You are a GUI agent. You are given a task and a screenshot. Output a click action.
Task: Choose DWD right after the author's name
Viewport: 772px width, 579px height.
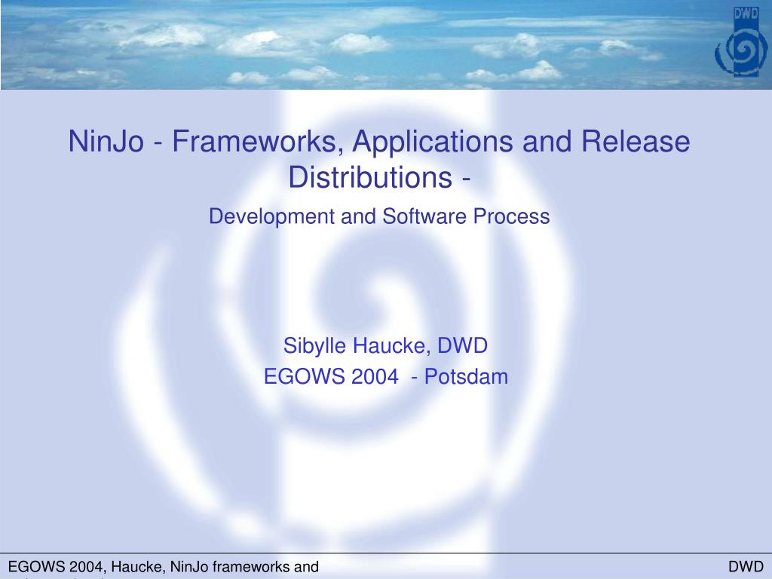(464, 346)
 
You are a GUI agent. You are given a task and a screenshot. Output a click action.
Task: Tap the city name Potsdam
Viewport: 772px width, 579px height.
(467, 377)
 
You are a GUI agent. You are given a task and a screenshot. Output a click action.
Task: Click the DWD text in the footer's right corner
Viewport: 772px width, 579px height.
(746, 567)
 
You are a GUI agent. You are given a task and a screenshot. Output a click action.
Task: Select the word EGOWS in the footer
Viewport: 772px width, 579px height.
(32, 567)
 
